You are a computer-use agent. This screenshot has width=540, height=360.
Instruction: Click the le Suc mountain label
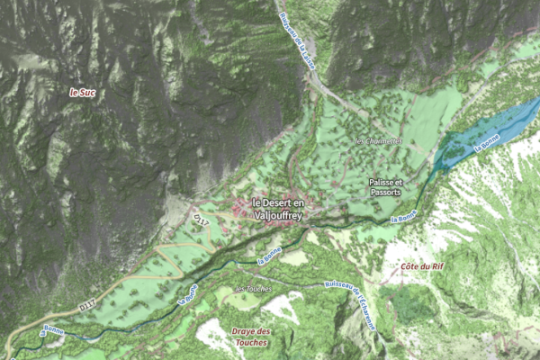point(82,92)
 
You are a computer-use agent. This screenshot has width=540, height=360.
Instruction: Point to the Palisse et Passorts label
point(385,187)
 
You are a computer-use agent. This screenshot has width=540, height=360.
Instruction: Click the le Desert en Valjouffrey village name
point(280,209)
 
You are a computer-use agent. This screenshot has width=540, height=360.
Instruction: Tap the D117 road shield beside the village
point(201,219)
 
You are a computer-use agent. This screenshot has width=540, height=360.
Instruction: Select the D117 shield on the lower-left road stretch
point(87,306)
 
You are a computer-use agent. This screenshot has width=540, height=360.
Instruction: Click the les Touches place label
point(253,289)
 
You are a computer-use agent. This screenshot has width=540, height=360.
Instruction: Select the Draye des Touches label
point(252,337)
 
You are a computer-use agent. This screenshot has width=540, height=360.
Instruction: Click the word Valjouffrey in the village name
point(280,215)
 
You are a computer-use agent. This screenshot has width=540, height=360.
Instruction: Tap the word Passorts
point(385,193)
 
